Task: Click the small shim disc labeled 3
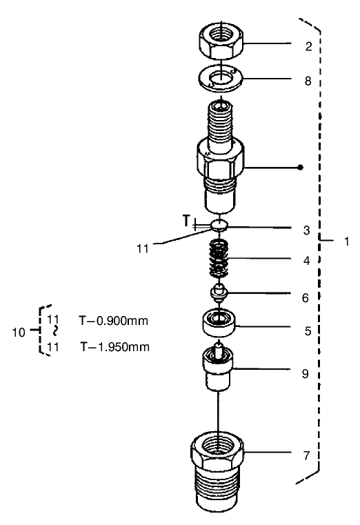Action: [219, 224]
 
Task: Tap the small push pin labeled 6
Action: [219, 293]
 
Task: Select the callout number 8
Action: [308, 81]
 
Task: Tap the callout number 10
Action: [20, 332]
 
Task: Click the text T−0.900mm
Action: [114, 320]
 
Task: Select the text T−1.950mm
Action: [114, 346]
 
